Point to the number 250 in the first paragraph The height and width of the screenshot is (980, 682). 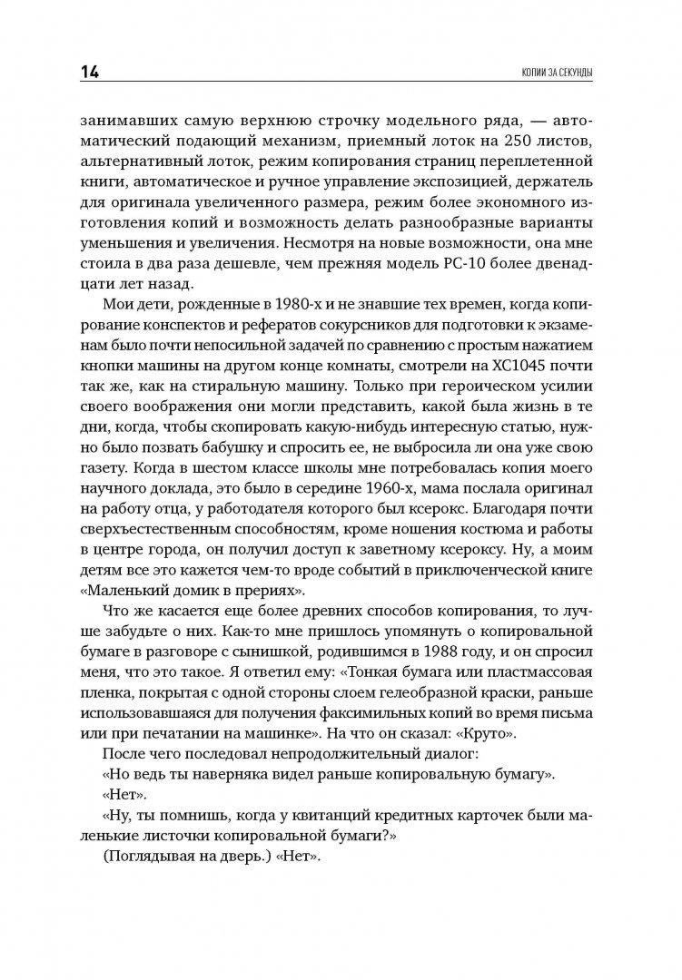coord(493,142)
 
